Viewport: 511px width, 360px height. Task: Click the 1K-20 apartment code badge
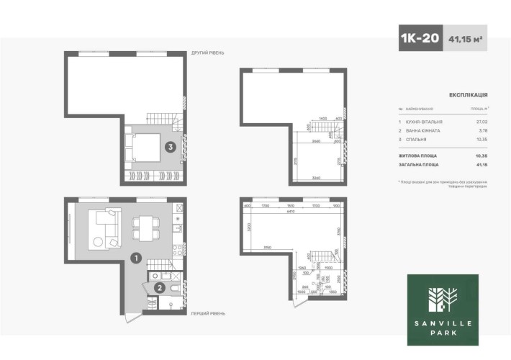[x=420, y=40]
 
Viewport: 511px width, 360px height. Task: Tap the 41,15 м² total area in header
[x=465, y=40]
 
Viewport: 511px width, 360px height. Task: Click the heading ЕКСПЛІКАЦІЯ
[x=469, y=94]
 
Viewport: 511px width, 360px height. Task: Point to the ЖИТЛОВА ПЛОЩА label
[x=419, y=156]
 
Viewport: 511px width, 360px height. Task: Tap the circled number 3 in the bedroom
[x=170, y=148]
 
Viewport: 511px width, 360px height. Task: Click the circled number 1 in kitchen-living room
[x=135, y=256]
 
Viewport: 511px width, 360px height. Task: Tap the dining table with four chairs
[x=143, y=228]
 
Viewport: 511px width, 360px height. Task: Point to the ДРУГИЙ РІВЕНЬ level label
[x=209, y=53]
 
